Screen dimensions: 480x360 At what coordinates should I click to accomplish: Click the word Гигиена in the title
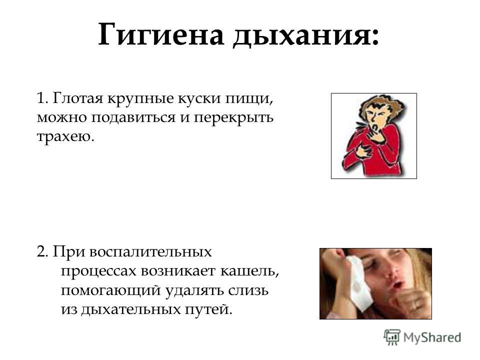[161, 34]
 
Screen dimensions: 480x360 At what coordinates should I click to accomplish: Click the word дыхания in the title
[305, 35]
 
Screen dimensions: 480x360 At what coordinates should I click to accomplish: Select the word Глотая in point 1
[77, 98]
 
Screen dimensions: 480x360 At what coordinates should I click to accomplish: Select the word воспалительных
[150, 252]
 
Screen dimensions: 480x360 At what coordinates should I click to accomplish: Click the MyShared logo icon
[392, 337]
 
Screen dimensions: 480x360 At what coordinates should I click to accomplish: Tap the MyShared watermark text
[432, 337]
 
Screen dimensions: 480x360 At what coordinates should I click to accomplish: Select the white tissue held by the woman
[359, 283]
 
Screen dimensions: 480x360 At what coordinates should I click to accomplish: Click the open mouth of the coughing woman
[396, 285]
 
